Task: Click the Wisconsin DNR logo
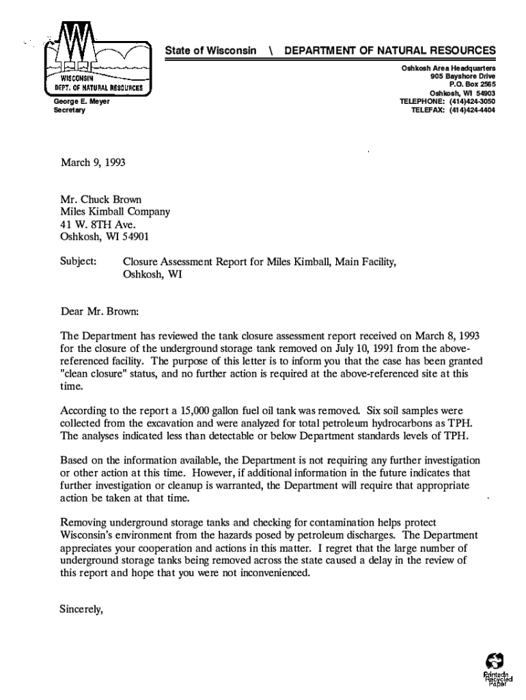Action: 97,59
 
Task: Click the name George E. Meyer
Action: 81,102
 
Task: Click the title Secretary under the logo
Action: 69,110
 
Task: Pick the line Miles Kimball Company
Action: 115,212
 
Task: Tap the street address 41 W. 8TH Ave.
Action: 98,225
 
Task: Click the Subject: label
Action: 79,262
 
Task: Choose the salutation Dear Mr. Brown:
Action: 99,311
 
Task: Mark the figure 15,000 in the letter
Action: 190,411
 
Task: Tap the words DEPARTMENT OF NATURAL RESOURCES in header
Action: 390,51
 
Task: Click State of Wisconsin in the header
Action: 211,51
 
